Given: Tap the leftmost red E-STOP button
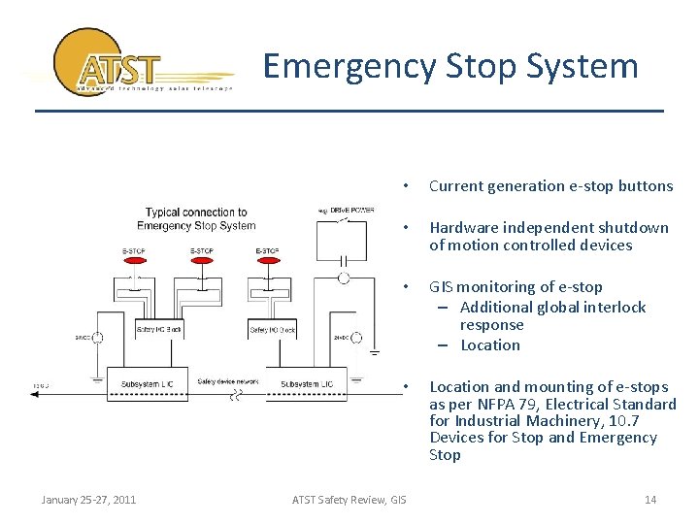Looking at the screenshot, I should (136, 262).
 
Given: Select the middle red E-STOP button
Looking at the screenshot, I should (202, 262).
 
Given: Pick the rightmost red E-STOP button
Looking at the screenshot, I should (267, 262).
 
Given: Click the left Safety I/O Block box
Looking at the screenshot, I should (159, 330).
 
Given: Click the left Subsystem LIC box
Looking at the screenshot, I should (149, 384).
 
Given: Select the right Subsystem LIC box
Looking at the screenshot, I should (308, 384).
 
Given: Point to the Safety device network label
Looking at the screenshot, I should (229, 381).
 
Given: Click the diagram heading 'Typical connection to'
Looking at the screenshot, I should (196, 213).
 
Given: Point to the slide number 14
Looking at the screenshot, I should (650, 500).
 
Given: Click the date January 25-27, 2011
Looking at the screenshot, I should (88, 500).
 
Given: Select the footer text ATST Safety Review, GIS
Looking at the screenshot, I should (349, 500).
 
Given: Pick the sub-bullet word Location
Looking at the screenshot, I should (490, 345).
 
